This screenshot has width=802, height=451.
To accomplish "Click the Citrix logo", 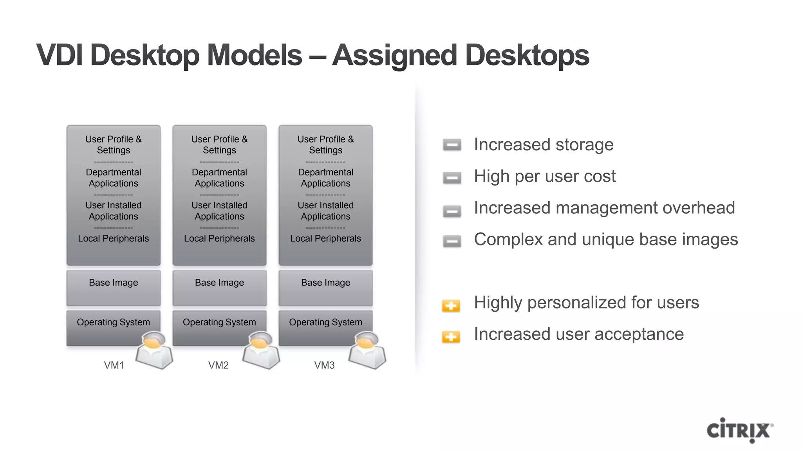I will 739,430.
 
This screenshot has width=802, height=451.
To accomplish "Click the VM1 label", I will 114,365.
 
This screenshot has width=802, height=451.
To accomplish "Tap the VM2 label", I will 218,365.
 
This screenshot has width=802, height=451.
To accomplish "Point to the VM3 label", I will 324,365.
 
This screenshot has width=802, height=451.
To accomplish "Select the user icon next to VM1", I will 154,350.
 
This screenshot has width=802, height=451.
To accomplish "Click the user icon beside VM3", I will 367,350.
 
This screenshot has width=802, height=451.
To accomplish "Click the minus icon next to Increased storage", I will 452,145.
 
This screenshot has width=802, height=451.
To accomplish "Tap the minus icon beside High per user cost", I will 452,178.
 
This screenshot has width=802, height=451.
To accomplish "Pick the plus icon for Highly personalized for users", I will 451,305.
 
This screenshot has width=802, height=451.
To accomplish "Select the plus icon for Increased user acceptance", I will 451,337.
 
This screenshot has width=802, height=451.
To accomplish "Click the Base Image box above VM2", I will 219,288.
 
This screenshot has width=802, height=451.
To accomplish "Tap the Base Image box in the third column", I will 325,288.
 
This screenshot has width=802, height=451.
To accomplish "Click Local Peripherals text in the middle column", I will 219,238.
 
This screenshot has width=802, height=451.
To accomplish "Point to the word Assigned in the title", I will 394,56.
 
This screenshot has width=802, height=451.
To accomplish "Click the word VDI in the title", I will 60,55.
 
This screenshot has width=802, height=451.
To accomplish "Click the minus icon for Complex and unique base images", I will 452,241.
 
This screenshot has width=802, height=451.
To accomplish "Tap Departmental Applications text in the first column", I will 114,178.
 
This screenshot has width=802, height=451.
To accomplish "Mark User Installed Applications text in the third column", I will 325,211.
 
